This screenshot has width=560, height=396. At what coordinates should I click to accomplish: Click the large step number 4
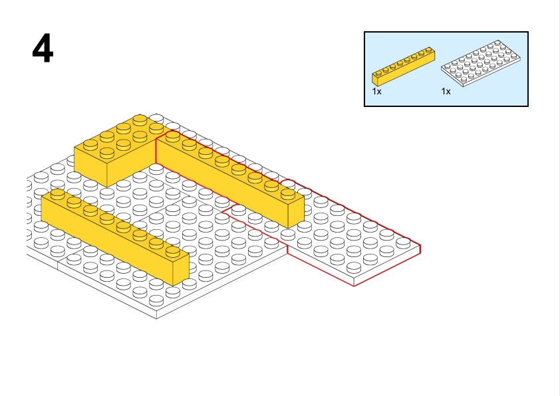43,49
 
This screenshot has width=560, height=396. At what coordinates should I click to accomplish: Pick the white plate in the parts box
480,64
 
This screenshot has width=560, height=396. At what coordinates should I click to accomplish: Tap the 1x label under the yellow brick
376,92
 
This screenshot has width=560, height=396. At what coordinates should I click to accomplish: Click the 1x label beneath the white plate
446,92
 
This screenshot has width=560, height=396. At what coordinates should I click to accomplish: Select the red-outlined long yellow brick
226,176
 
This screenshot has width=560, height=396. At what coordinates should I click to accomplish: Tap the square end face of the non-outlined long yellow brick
180,270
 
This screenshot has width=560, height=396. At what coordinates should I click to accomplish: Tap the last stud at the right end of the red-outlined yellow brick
287,193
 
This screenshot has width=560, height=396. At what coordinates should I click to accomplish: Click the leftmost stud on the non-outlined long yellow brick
58,193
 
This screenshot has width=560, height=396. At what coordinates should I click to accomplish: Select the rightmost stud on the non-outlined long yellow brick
172,250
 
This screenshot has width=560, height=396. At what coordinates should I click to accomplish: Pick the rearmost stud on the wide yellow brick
140,120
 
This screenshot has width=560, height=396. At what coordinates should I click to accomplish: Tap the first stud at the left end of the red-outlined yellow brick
172,136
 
